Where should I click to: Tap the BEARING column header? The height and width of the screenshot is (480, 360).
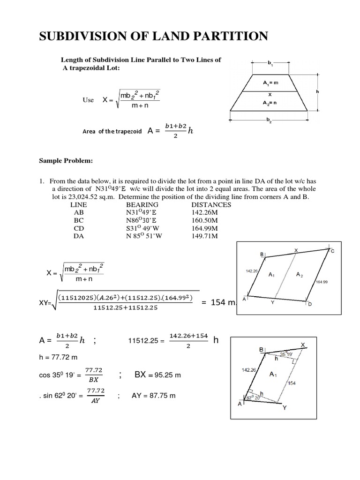pyautogui.click(x=142, y=205)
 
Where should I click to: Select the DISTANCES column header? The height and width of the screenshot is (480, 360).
pyautogui.click(x=211, y=205)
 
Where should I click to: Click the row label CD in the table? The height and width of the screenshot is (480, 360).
pyautogui.click(x=78, y=228)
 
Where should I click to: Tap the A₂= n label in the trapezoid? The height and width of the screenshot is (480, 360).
pyautogui.click(x=270, y=101)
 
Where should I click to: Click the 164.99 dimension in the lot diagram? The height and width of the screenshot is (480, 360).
pyautogui.click(x=322, y=282)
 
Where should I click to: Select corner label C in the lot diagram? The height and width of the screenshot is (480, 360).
pyautogui.click(x=333, y=252)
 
